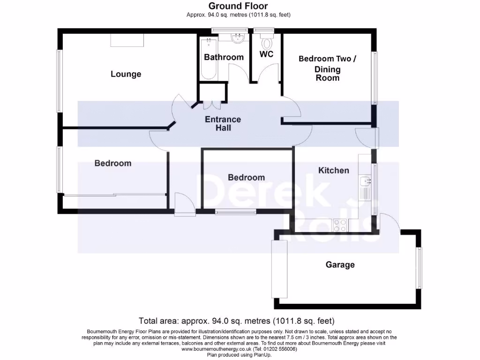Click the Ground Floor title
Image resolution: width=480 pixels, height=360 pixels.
point(238,6)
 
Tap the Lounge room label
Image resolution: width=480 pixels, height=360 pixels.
point(126,74)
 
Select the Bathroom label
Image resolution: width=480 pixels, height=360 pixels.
point(224,57)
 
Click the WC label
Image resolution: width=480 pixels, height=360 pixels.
point(266,54)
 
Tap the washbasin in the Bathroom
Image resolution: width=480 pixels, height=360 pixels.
point(238,37)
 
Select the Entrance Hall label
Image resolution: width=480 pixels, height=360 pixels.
point(223,124)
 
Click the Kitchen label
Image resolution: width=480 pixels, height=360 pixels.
point(334,170)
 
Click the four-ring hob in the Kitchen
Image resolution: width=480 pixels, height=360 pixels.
point(339,225)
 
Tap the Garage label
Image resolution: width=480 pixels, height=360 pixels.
point(340,265)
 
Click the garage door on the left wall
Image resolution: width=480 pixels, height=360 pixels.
point(279,269)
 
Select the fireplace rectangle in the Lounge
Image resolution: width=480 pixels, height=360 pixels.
point(127,40)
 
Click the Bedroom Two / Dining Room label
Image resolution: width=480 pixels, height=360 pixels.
point(327,68)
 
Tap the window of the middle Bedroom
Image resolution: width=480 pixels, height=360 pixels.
point(236,212)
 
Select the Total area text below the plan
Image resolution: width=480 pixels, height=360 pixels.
point(236,321)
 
